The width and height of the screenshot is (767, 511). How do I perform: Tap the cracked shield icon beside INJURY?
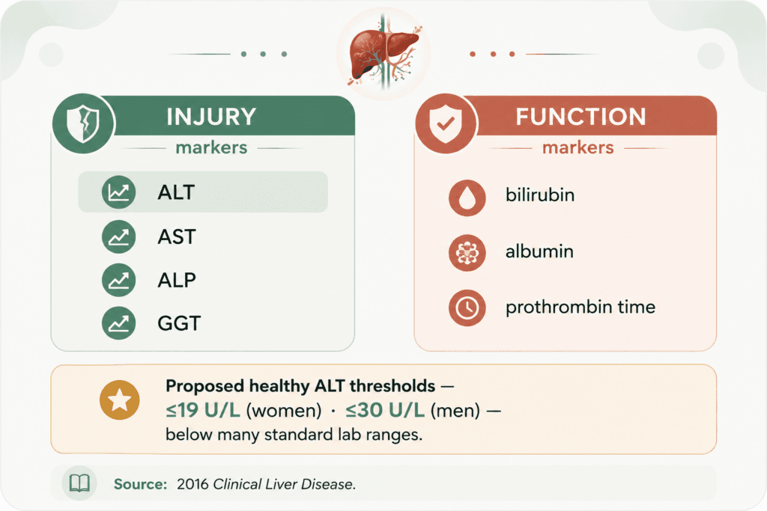(x=83, y=123)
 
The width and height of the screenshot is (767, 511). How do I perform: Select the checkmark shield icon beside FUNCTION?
(x=445, y=124)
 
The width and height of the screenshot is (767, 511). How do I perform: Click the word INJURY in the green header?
(x=211, y=117)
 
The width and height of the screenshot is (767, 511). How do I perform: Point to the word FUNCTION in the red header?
(x=580, y=117)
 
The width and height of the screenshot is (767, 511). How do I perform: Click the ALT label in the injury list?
(x=176, y=192)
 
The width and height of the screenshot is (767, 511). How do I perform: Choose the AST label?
(x=177, y=237)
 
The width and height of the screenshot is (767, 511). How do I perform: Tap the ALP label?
(x=177, y=280)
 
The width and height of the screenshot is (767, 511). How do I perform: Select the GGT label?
(x=179, y=323)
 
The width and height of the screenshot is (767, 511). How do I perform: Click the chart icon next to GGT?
(x=119, y=323)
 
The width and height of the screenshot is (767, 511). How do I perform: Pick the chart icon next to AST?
(x=119, y=237)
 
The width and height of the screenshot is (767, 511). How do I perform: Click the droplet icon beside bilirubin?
(x=467, y=198)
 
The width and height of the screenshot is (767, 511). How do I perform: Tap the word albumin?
(x=539, y=251)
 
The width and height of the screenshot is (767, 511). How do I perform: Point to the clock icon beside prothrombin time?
(x=467, y=307)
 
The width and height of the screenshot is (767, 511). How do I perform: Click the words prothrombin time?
(x=580, y=307)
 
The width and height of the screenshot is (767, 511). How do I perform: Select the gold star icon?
(x=119, y=400)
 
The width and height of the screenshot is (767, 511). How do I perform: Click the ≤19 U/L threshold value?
(x=203, y=410)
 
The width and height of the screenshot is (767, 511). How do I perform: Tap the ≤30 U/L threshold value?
(x=385, y=410)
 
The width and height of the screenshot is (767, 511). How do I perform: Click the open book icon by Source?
(x=79, y=483)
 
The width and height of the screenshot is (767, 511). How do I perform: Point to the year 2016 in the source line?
(x=192, y=484)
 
